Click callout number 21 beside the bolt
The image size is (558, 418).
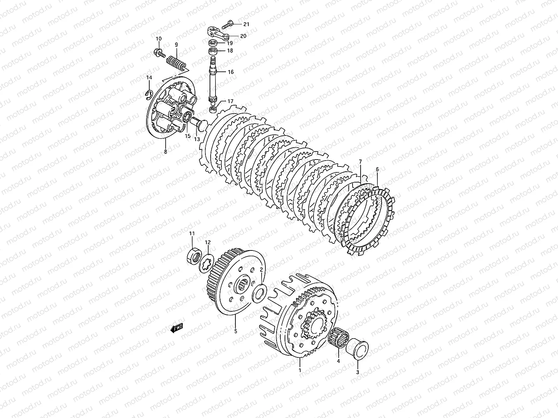click(x=247, y=24)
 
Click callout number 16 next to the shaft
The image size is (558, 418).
click(x=231, y=72)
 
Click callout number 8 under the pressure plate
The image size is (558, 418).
click(x=165, y=152)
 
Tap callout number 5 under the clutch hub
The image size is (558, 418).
click(x=235, y=331)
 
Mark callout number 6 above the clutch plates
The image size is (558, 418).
click(x=377, y=169)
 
